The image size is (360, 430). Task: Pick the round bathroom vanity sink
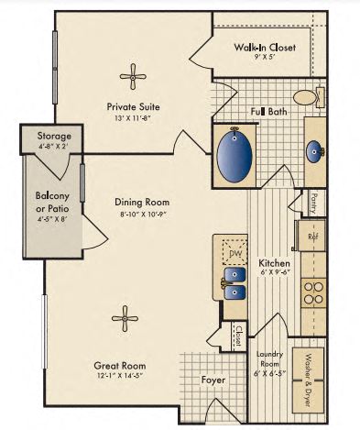point(313,151)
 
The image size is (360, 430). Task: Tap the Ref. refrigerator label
point(311,236)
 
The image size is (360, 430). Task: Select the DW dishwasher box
point(235,253)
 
